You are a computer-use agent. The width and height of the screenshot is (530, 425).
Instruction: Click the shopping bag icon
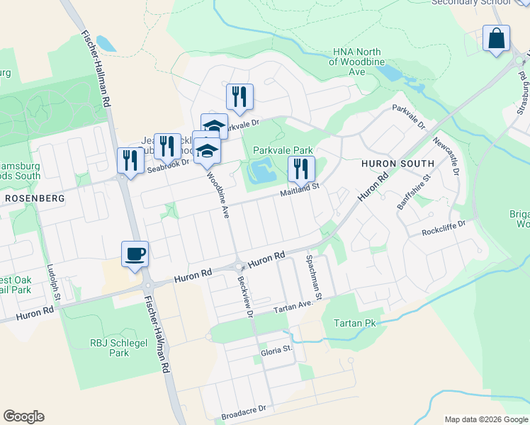click(497, 38)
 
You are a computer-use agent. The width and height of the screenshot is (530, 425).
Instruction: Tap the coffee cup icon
click(135, 254)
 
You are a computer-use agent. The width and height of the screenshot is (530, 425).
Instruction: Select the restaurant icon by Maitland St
click(301, 169)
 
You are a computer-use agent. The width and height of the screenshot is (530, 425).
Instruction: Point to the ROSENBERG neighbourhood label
click(35, 198)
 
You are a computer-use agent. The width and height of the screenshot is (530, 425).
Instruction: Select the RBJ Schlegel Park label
click(109, 348)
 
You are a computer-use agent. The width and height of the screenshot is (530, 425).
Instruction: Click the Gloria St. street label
click(277, 349)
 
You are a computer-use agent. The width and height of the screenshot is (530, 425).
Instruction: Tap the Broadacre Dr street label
click(243, 409)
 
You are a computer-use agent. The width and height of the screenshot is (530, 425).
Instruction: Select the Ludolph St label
click(50, 279)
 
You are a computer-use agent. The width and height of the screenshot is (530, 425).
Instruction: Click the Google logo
click(23, 416)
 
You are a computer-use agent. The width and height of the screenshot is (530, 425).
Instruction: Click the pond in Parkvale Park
click(262, 171)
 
